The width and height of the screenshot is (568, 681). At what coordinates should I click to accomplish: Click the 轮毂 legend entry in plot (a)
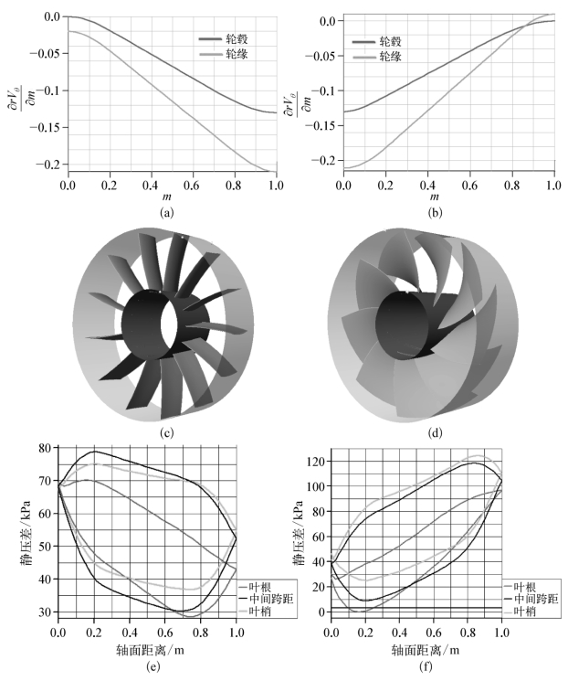point(224,39)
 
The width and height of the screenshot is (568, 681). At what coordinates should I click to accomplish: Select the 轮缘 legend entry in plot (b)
point(377,57)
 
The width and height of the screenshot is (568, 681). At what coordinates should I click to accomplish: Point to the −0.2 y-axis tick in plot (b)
point(325,160)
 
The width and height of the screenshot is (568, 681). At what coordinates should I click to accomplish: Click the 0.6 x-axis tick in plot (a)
point(192,186)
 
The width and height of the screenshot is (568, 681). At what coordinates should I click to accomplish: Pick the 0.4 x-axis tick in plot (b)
point(427,186)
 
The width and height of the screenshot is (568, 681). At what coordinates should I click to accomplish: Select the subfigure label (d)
point(435,432)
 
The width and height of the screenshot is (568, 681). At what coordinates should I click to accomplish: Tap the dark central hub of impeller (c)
point(143,324)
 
